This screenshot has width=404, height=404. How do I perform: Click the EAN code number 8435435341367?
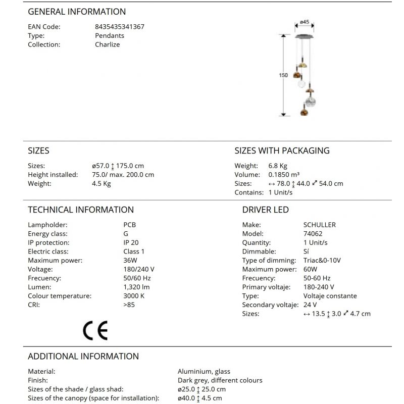tap(120, 27)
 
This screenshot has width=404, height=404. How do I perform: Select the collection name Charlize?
tap(108, 44)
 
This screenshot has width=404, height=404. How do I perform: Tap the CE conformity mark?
tap(95, 330)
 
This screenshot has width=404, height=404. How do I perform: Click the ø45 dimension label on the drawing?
tap(304, 22)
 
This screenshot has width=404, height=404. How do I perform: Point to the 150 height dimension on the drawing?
tap(283, 75)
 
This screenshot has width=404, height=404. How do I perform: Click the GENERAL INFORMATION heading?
tap(77, 12)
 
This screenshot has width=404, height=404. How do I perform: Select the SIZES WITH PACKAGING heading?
tap(282, 150)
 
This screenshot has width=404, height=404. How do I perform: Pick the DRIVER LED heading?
tap(266, 210)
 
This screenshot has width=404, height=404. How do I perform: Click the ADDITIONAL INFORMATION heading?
tap(83, 356)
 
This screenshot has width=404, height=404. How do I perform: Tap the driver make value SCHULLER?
tap(320, 225)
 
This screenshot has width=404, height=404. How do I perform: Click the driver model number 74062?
tap(313, 234)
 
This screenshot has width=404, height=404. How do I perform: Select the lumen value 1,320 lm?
tap(136, 287)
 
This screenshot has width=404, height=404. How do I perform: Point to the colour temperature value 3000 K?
tap(134, 296)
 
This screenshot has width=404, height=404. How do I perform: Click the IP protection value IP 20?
tap(131, 242)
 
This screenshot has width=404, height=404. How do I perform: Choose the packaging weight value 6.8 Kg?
tap(278, 166)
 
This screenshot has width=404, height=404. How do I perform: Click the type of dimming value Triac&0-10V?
tap(322, 261)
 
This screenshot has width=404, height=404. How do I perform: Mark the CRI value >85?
tap(129, 305)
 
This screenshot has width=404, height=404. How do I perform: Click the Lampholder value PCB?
tap(129, 225)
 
